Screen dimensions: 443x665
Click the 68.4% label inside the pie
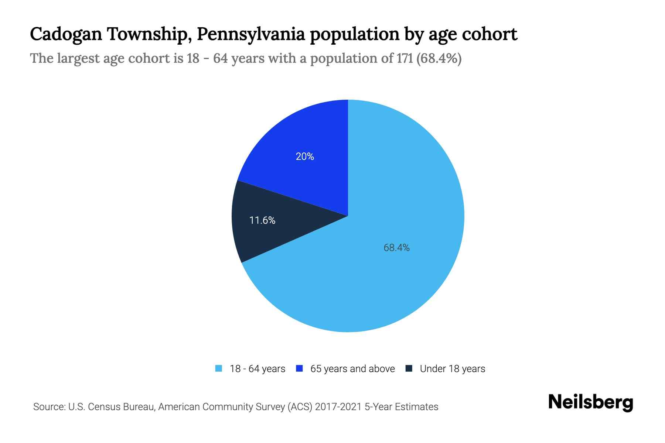coord(396,248)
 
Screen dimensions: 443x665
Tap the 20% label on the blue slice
coord(305,157)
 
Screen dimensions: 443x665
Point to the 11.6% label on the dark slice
coord(262,220)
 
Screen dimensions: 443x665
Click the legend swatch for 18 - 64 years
coord(219,368)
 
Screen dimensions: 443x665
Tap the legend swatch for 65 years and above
coord(299,368)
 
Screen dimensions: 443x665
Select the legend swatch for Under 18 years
coord(409,368)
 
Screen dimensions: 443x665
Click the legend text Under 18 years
coord(452,369)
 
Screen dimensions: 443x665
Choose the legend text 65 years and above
coord(352,369)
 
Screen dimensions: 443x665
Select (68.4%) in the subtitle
coord(439,58)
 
